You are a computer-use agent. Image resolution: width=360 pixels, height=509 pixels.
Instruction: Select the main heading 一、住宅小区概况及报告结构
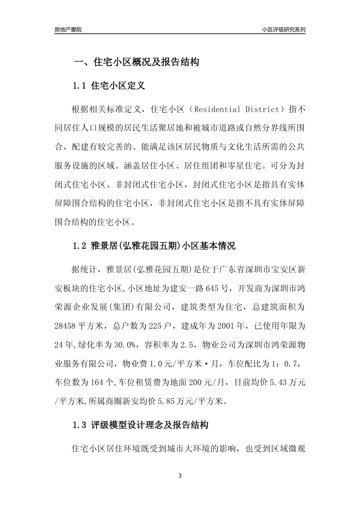point(136,62)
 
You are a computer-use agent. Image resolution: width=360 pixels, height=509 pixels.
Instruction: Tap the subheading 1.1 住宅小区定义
point(109,86)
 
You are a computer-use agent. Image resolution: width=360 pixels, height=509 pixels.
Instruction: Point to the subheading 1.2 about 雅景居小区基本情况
point(154,246)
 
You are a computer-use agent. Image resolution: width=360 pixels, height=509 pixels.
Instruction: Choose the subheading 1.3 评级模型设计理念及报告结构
point(140,425)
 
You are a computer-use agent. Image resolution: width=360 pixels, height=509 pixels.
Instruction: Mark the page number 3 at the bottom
point(180,476)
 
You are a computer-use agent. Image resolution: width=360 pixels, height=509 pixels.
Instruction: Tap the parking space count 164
point(95,382)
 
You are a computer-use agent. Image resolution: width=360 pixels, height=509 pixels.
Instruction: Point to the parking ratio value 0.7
point(292,363)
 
